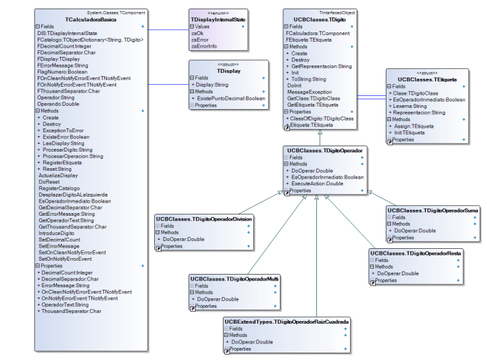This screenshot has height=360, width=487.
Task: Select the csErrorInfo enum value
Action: tap(204, 46)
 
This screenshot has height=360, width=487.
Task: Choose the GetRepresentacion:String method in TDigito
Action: tap(322, 66)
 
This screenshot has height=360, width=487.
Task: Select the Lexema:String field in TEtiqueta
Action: tap(410, 106)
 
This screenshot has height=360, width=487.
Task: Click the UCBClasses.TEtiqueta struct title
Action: tap(421, 79)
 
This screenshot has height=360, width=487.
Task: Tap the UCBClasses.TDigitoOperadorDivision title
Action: tap(204, 218)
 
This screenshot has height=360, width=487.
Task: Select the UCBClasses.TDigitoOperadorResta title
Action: tap(416, 253)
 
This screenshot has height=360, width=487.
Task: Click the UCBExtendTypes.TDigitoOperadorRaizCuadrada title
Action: tap(287, 322)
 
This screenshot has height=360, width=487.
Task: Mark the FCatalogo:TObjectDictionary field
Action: tap(91, 40)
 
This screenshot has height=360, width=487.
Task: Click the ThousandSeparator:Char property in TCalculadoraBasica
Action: tap(71, 310)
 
